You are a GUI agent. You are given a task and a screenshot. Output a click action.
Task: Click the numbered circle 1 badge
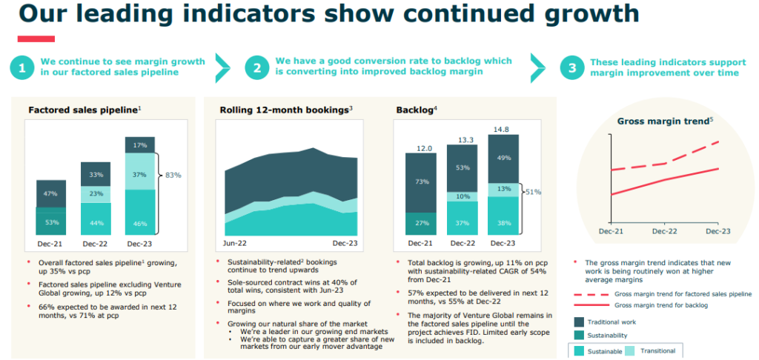(x=22, y=68)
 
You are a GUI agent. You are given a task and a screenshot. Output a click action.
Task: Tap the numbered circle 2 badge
(x=257, y=68)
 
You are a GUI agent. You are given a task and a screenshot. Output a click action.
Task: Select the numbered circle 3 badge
(x=571, y=68)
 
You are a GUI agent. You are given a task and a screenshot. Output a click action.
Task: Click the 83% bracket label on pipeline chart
(x=172, y=176)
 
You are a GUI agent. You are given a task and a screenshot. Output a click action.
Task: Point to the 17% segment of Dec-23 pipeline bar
(x=139, y=145)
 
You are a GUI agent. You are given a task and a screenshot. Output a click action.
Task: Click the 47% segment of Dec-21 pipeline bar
(x=51, y=193)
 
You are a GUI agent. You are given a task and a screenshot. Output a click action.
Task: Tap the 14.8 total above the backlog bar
(x=503, y=129)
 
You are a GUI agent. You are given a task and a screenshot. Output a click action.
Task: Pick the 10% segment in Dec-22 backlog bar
(x=462, y=196)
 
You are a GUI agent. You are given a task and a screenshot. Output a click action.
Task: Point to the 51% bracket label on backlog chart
(x=534, y=192)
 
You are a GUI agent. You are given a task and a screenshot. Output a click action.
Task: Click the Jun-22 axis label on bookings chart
(x=235, y=243)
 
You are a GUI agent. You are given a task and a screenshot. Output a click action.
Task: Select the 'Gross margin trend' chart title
(x=664, y=121)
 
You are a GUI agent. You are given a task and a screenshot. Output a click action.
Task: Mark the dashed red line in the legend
(x=590, y=294)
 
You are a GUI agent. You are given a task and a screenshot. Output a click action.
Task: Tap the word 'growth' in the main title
(x=589, y=13)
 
